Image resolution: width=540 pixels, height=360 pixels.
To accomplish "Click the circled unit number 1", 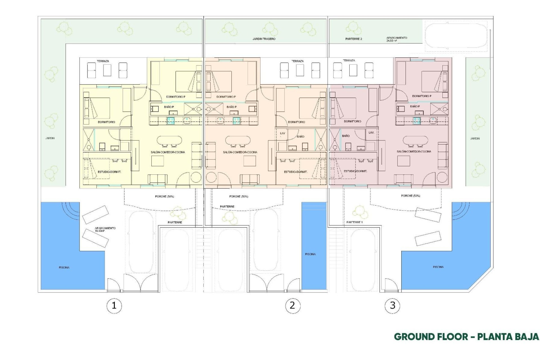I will (114, 305).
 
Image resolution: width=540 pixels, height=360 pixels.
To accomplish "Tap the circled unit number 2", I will (292, 305).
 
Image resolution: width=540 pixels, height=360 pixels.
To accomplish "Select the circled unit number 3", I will (392, 305).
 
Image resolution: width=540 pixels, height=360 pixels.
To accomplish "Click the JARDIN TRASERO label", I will (264, 39).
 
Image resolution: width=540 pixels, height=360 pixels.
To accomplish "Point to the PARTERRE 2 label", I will (354, 39).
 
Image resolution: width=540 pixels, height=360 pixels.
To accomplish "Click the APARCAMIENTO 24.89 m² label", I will (397, 39).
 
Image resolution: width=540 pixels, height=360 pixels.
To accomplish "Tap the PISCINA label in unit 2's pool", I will (310, 254).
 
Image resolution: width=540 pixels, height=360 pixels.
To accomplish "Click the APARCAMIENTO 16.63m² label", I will (105, 229).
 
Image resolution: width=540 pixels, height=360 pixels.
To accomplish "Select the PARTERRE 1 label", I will (354, 222).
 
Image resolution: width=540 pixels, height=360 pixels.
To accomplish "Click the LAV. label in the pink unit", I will (371, 132).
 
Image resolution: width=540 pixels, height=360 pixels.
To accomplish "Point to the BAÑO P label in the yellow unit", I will (169, 107).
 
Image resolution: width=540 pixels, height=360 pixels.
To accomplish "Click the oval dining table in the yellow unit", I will (169, 140).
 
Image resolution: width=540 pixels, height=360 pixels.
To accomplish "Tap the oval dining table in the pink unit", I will (415, 140).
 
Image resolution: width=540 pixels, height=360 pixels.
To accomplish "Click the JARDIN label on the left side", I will (50, 138).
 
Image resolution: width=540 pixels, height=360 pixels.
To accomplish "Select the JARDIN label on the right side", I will (475, 139).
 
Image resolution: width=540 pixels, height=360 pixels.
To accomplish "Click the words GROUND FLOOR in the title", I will (431, 337).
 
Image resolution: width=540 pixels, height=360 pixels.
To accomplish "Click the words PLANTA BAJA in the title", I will (508, 337).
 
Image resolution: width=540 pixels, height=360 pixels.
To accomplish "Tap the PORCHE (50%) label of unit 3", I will (410, 196).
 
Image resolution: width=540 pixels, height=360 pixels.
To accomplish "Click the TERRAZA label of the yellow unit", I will (103, 61).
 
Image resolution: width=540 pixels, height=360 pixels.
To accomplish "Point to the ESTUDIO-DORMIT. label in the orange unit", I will (296, 172).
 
